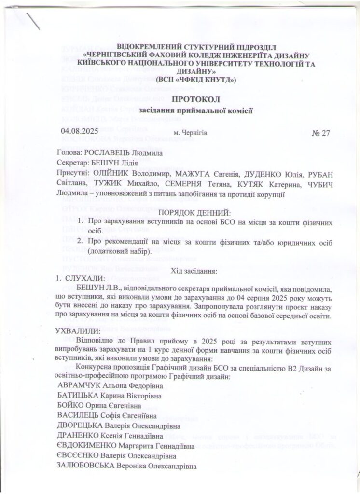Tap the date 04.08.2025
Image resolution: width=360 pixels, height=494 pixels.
[79, 132]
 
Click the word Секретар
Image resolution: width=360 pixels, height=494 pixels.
[73, 164]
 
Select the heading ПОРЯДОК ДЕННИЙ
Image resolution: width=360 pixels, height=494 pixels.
[194, 212]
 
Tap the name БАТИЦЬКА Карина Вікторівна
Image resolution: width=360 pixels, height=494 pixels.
[109, 397]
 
